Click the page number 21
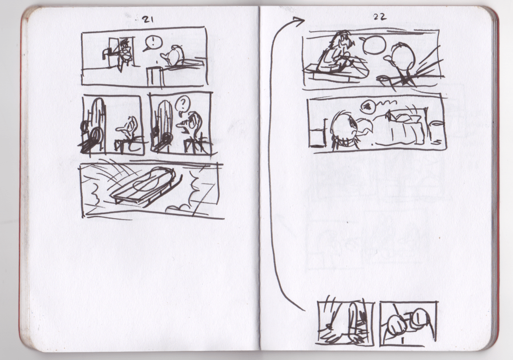147,20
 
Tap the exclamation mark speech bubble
152,43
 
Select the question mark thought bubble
182,105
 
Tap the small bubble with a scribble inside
366,106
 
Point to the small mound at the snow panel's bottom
180,208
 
